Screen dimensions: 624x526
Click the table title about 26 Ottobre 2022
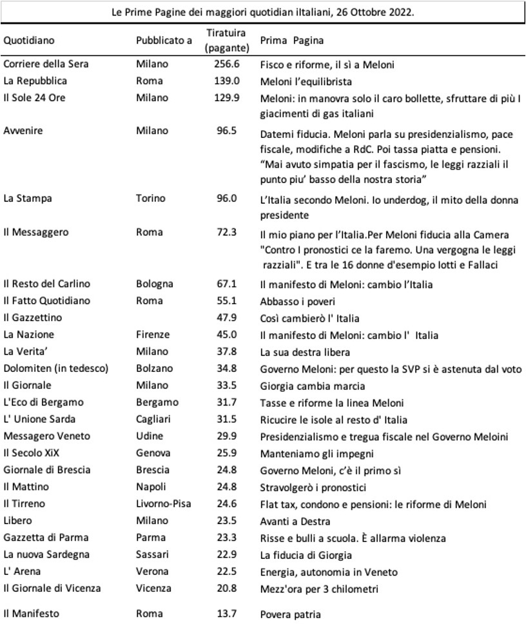point(263,12)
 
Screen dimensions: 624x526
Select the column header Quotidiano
point(29,40)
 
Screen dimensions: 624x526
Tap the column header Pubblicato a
point(164,40)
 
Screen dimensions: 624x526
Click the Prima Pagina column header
point(291,40)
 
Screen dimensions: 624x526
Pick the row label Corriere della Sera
point(46,64)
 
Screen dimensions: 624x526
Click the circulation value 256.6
point(226,64)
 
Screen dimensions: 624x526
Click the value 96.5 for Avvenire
point(226,130)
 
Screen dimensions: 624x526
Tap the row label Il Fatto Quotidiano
point(47,300)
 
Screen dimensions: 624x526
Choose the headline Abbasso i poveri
point(297,301)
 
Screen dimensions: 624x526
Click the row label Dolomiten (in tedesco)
point(56,369)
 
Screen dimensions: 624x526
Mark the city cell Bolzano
point(154,369)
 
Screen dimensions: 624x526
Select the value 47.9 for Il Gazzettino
point(226,318)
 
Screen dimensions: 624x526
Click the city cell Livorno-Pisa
point(164,503)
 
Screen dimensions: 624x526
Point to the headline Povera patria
point(290,614)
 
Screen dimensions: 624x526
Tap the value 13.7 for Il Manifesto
point(226,614)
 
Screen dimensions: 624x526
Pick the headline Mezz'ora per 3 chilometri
point(318,588)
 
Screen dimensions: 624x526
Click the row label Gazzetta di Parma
point(46,537)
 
